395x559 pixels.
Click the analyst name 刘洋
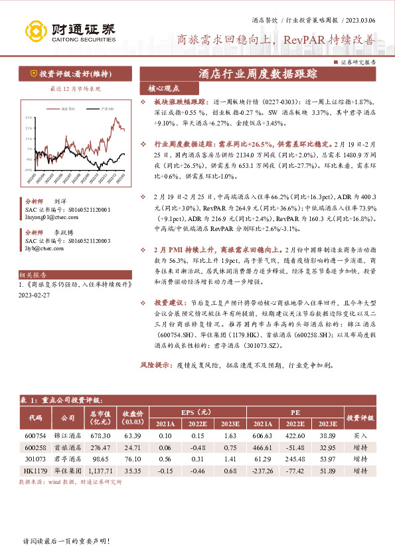pos(60,199)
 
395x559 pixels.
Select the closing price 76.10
pos(133,458)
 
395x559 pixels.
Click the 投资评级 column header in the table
pos(360,418)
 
